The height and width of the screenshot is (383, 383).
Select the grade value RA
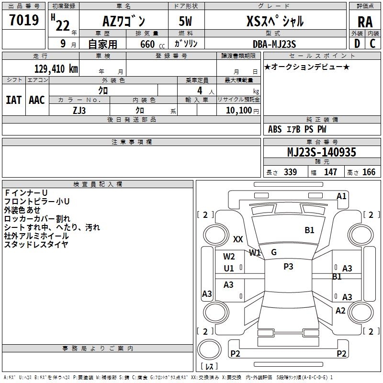(x=365, y=22)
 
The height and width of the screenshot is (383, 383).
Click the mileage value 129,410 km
(x=56, y=69)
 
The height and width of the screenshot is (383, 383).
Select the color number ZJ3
(x=79, y=110)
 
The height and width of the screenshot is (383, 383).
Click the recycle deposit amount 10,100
(x=238, y=110)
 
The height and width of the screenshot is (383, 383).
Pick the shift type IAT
(x=13, y=100)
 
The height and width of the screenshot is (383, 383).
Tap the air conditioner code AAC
(x=36, y=100)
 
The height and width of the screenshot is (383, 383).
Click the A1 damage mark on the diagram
(x=341, y=196)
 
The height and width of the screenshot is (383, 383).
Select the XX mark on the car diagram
(x=238, y=239)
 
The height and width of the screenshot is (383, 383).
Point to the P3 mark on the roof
(x=288, y=267)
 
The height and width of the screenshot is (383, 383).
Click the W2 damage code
(x=229, y=257)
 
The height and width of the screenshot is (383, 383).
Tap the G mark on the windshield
(x=274, y=252)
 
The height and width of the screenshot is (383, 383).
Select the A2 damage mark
(x=340, y=311)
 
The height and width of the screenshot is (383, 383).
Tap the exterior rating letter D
(x=357, y=44)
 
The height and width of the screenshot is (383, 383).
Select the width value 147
(x=330, y=172)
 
